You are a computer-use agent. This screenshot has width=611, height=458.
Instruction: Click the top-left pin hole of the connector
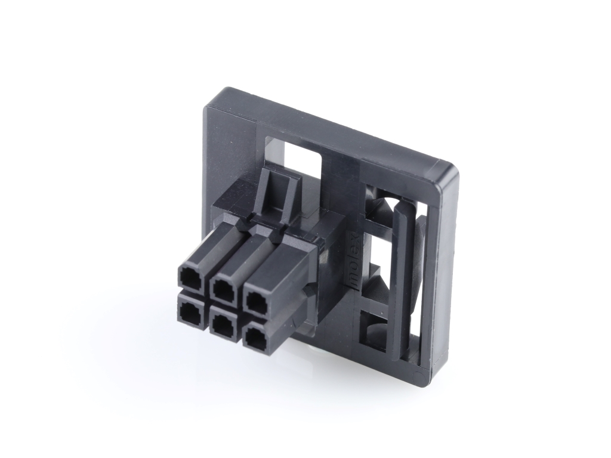pyautogui.click(x=190, y=278)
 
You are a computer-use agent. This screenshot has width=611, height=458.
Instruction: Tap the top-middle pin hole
pyautogui.click(x=223, y=289)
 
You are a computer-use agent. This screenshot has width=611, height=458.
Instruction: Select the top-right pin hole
pyautogui.click(x=257, y=301)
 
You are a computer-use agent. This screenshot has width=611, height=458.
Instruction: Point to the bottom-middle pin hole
pyautogui.click(x=223, y=324)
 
